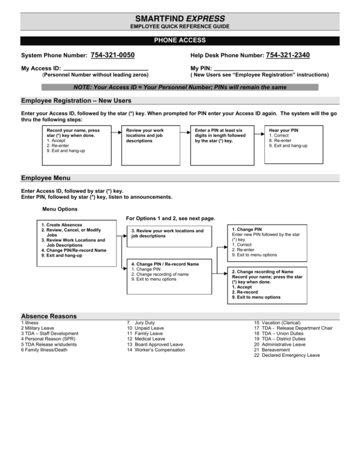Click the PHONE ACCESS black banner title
tap(180, 41)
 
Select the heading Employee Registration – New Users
tap(76, 101)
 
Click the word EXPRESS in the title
tap(207, 18)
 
